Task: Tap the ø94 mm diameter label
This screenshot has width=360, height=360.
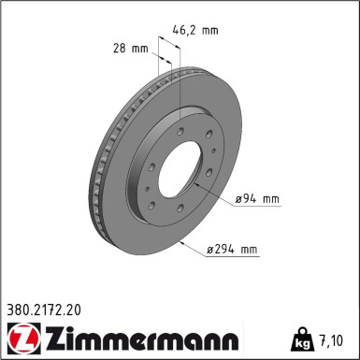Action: [257, 198]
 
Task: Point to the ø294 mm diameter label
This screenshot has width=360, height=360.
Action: [232, 250]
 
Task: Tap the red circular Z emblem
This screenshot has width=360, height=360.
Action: [19, 336]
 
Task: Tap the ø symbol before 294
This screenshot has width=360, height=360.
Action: [210, 250]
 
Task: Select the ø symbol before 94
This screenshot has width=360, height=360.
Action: [239, 198]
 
